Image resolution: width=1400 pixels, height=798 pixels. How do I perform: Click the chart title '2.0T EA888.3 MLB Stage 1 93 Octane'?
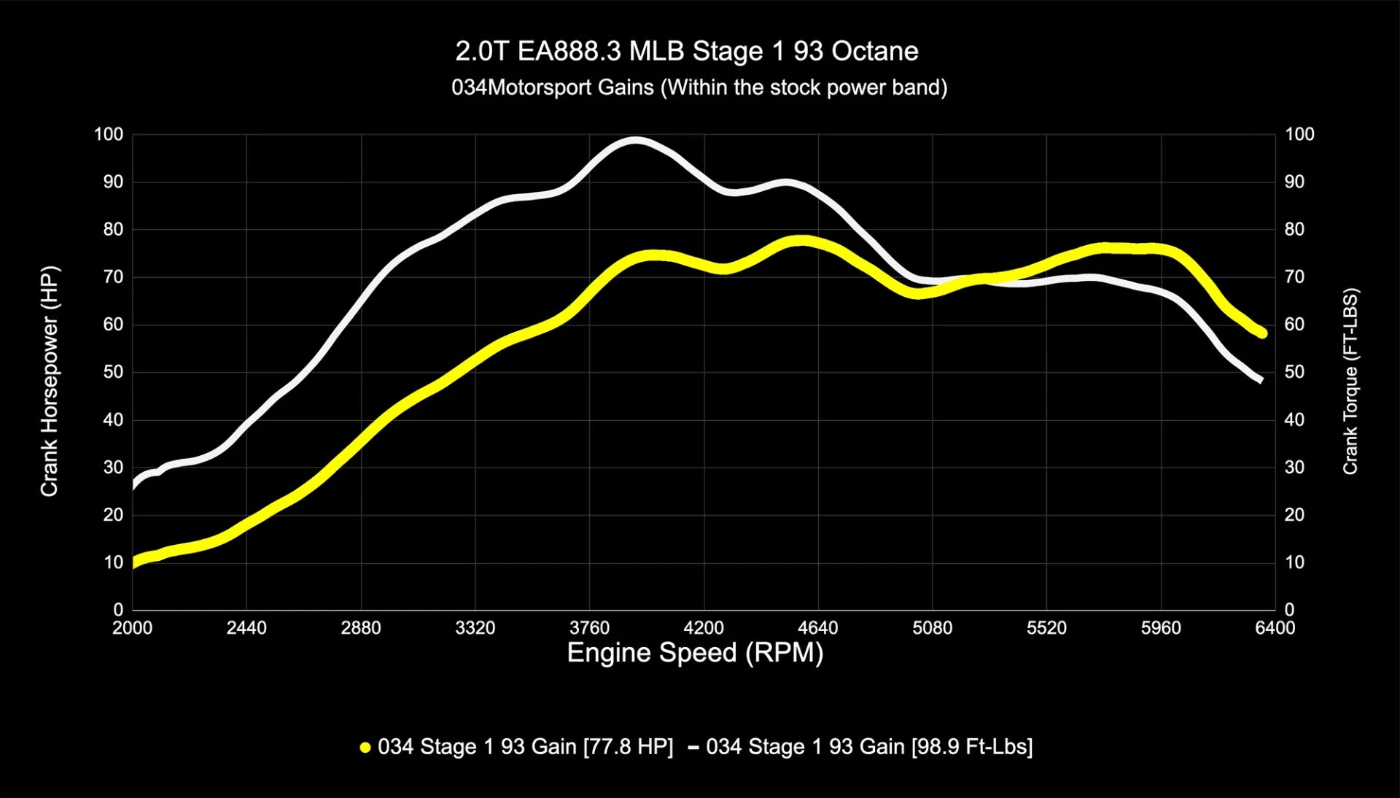click(x=686, y=51)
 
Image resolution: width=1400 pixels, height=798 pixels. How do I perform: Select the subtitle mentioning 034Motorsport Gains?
click(x=699, y=88)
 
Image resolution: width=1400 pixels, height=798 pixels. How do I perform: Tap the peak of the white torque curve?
click(x=636, y=140)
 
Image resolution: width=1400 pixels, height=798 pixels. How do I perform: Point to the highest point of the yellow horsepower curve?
click(x=802, y=241)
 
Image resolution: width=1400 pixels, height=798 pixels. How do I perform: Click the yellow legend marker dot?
click(x=365, y=747)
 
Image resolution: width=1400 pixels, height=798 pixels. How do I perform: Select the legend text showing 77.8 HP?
click(x=525, y=747)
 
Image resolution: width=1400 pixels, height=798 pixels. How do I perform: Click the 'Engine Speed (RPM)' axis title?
click(x=695, y=652)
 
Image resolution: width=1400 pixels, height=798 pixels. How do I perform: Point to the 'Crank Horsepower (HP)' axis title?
click(x=49, y=381)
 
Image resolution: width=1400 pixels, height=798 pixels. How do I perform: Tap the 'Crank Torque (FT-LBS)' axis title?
click(x=1350, y=381)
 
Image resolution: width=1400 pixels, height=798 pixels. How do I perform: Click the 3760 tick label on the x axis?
click(x=589, y=628)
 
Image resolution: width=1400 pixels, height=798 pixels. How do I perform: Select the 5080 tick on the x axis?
click(x=932, y=628)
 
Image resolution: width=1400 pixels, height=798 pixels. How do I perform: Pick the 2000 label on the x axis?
click(x=132, y=628)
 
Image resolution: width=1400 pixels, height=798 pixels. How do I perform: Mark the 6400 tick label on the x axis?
click(x=1275, y=628)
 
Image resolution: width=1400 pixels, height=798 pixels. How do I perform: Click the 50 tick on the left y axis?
click(x=113, y=372)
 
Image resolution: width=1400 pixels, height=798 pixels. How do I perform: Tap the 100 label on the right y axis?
click(x=1299, y=134)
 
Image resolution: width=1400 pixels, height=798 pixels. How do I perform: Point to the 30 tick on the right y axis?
click(x=1294, y=467)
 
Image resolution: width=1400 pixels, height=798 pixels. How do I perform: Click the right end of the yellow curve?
click(x=1263, y=333)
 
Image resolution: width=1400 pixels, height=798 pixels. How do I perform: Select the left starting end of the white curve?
click(x=133, y=486)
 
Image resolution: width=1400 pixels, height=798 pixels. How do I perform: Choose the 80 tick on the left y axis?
click(x=113, y=229)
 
